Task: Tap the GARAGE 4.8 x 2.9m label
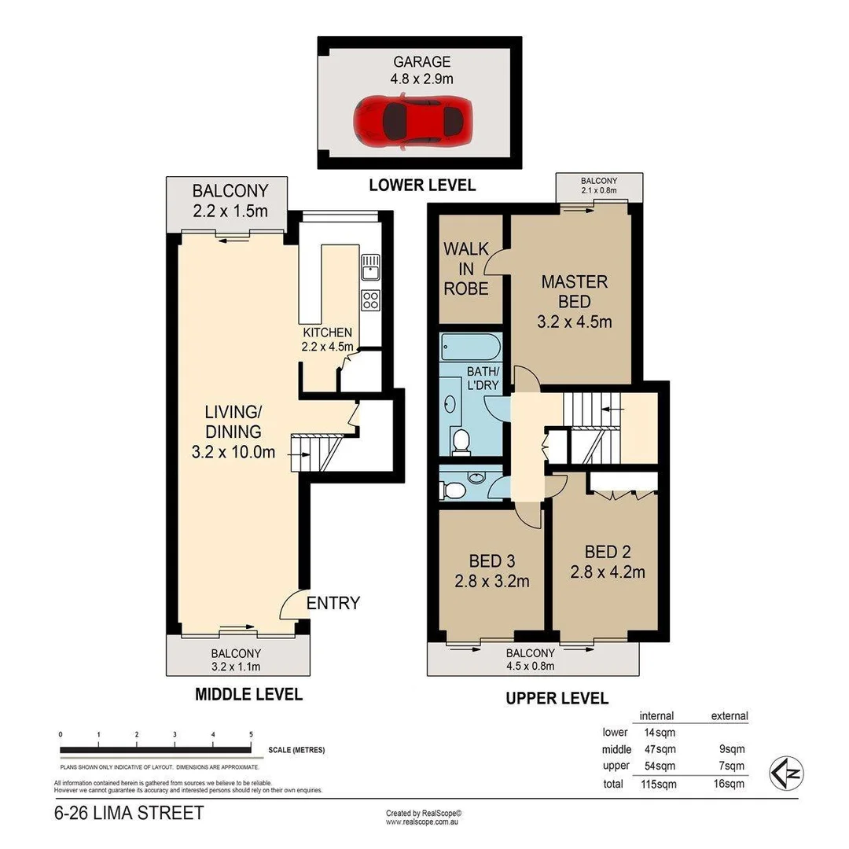click(422, 70)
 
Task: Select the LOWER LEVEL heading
click(422, 186)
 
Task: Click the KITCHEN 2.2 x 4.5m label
click(326, 339)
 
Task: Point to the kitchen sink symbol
click(370, 269)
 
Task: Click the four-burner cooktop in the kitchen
click(370, 299)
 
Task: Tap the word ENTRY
click(333, 603)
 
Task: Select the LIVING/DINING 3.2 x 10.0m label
click(233, 432)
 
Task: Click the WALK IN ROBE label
click(466, 268)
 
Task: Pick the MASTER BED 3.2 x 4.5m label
click(574, 301)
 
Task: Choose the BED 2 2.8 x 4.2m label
click(608, 561)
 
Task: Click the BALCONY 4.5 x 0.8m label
click(530, 660)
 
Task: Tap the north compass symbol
click(785, 772)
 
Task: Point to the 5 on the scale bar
click(251, 734)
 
